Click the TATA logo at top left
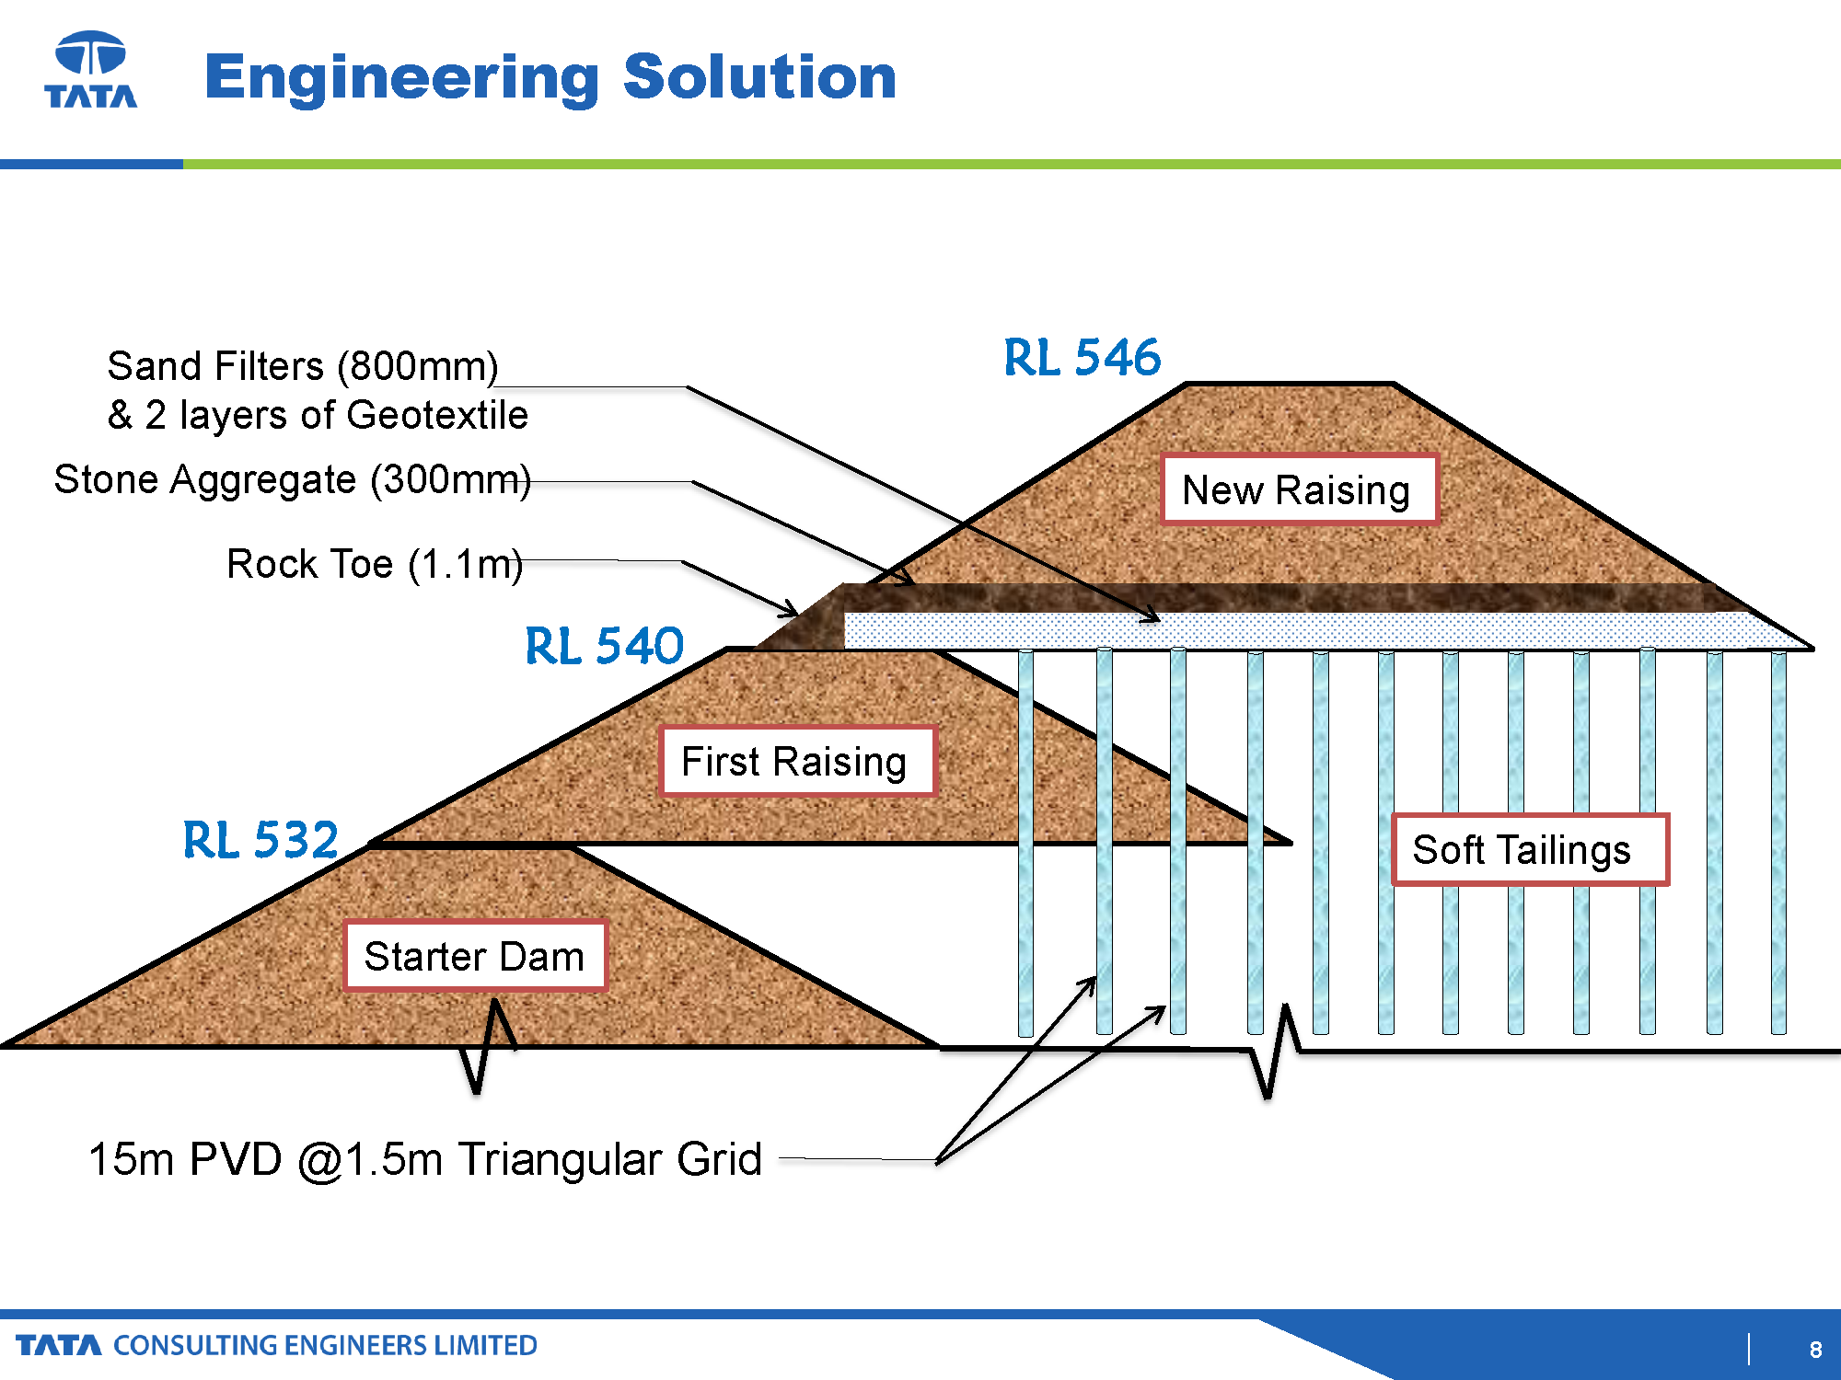(x=91, y=70)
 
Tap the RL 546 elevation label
(x=1082, y=357)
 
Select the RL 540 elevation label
(x=604, y=645)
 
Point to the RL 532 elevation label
(x=261, y=839)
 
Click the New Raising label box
(x=1298, y=489)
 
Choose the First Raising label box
(x=797, y=761)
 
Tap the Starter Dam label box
(x=475, y=956)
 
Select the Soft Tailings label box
(x=1529, y=849)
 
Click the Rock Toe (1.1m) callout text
(x=375, y=564)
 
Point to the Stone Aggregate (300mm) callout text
(x=293, y=479)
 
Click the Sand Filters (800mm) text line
(x=303, y=366)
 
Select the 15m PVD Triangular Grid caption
(x=425, y=1159)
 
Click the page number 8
(x=1815, y=1349)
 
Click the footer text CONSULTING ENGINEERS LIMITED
(x=325, y=1345)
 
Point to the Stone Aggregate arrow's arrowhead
(x=907, y=580)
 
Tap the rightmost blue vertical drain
(x=1778, y=842)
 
